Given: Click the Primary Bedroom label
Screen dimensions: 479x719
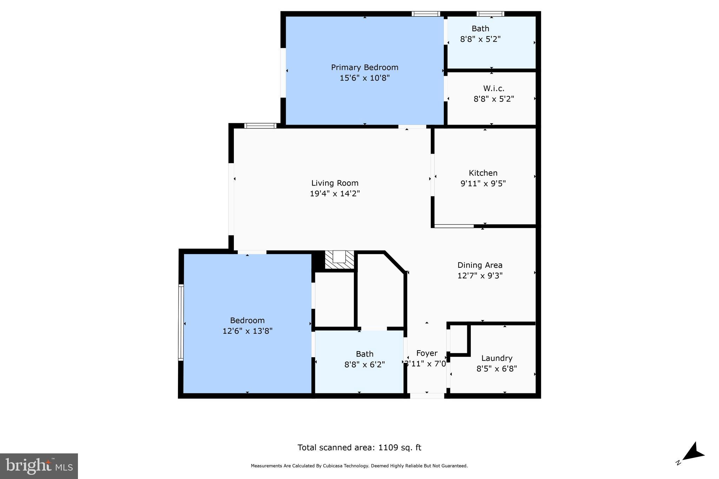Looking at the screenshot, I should (x=364, y=67).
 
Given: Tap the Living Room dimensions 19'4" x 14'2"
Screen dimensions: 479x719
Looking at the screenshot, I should (x=335, y=194).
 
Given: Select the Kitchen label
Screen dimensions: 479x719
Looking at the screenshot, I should (x=483, y=173).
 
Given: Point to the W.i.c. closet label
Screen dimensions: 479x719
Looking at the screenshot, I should (x=494, y=88).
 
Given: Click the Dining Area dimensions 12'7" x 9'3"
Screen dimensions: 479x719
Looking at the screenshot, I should (x=480, y=276).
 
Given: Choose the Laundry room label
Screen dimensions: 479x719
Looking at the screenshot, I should (x=496, y=358).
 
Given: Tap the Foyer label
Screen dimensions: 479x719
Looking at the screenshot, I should (x=427, y=353).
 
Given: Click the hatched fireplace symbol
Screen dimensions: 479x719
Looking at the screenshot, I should (x=339, y=260).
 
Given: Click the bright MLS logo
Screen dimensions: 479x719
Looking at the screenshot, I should (x=39, y=466).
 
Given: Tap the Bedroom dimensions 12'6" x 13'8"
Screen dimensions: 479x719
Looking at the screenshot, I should (x=247, y=331).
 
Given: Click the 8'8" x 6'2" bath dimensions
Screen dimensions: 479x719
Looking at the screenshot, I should (x=364, y=365).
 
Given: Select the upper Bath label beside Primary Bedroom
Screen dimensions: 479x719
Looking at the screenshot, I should (x=480, y=29).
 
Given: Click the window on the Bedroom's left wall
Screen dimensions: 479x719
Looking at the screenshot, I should (x=181, y=322).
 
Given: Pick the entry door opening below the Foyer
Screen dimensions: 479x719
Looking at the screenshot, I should (x=427, y=396).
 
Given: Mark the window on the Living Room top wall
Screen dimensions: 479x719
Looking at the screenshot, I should (x=260, y=126).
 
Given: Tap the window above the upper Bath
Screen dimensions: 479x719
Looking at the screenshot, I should (x=490, y=14).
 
